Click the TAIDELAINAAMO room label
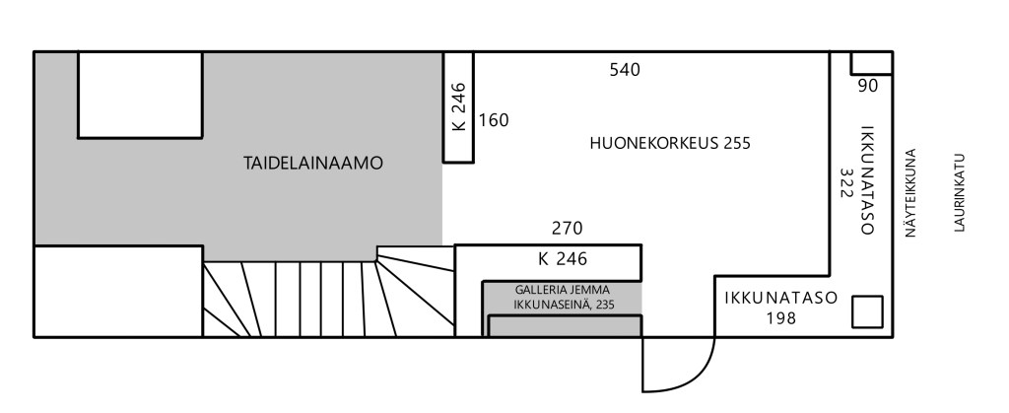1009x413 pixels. [312, 164]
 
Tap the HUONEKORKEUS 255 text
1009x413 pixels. [670, 143]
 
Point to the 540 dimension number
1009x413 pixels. [625, 69]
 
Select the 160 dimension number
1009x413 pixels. [494, 120]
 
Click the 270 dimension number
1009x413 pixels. [567, 229]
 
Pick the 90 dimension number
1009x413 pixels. [868, 86]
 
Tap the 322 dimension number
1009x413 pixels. [846, 183]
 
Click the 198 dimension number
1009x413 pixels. [781, 317]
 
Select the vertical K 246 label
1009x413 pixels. [459, 106]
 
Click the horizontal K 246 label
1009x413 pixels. [563, 259]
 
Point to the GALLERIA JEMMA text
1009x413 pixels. [562, 290]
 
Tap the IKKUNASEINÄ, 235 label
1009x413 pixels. [564, 305]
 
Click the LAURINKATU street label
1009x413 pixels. [959, 192]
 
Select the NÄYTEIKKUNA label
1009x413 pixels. [909, 193]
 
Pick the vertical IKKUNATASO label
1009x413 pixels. [867, 180]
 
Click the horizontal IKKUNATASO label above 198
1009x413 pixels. [781, 299]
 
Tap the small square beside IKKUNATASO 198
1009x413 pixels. [867, 312]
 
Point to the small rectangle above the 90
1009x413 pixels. [871, 63]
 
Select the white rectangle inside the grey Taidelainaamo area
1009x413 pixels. [140, 96]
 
